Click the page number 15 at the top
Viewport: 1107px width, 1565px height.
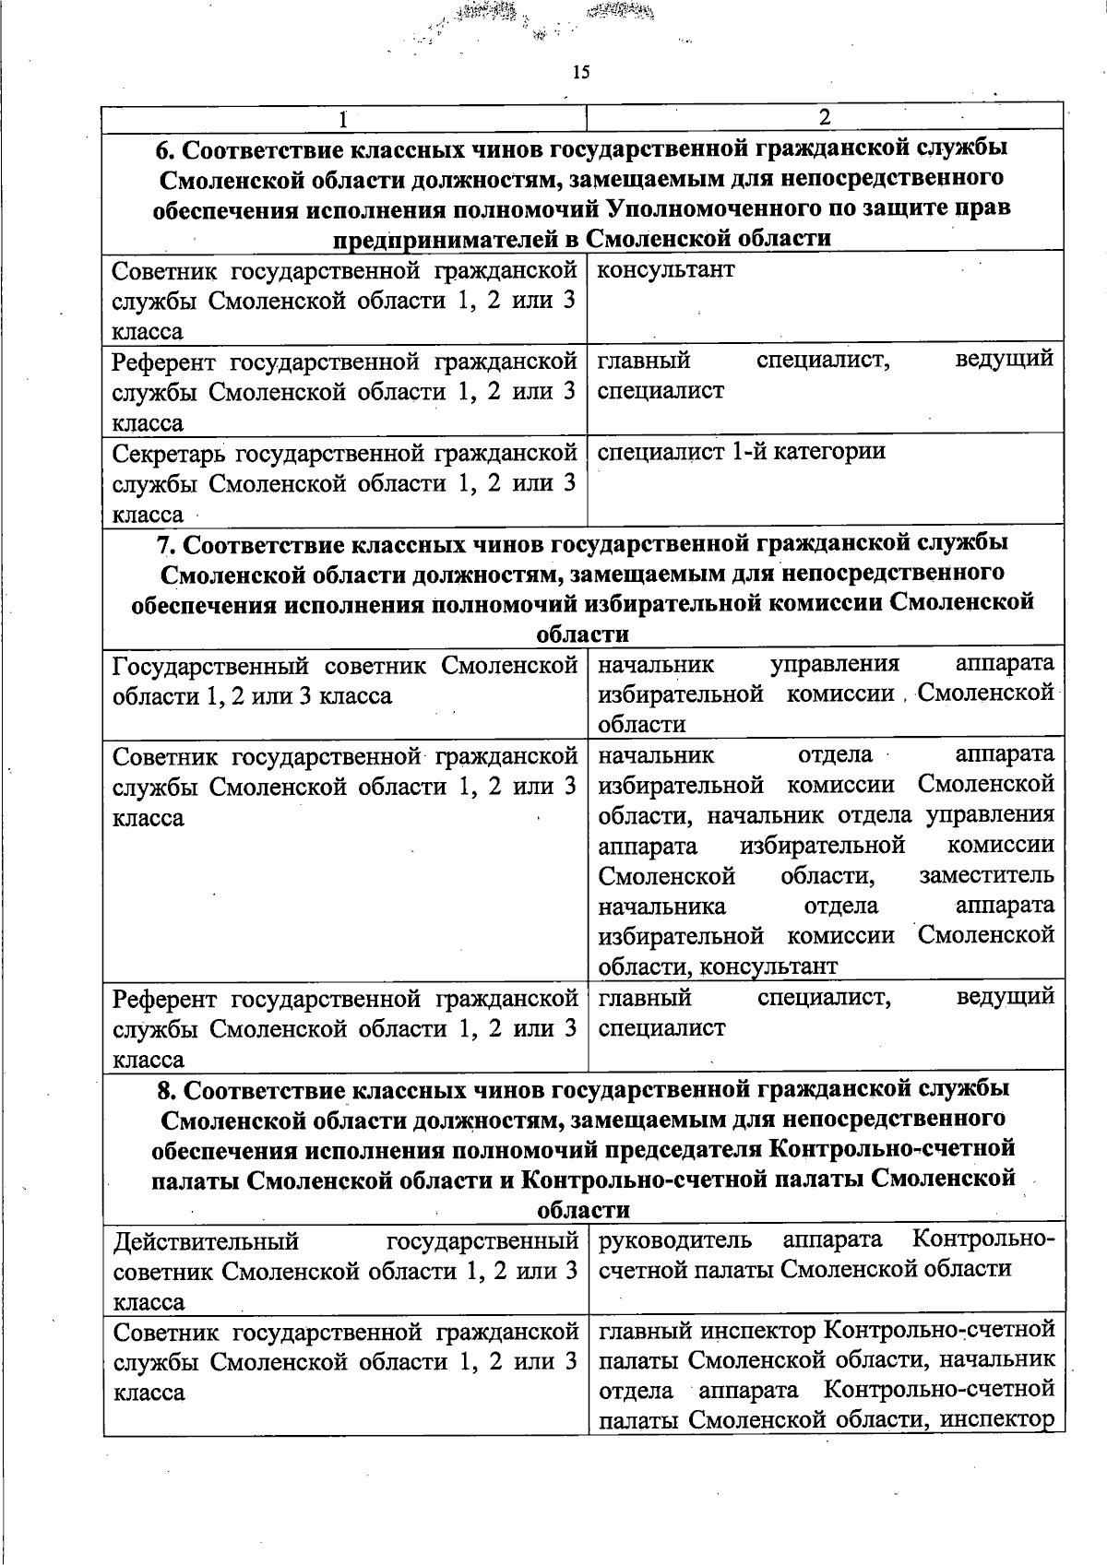(x=580, y=73)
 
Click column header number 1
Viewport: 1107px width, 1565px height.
(x=343, y=118)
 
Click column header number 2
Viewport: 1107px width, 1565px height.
(x=825, y=117)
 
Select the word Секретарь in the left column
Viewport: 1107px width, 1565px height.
(x=170, y=454)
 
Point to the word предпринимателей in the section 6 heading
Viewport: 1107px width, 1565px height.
(x=455, y=239)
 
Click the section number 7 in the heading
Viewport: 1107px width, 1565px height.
(x=164, y=543)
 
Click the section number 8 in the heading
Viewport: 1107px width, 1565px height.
(x=164, y=1089)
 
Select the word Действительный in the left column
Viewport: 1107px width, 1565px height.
(x=206, y=1241)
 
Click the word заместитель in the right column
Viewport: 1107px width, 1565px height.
(x=986, y=875)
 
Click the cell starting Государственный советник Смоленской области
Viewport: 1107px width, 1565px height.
(x=344, y=680)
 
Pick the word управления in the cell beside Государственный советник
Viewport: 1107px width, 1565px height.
(x=835, y=664)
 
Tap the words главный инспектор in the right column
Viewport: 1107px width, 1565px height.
(x=706, y=1331)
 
